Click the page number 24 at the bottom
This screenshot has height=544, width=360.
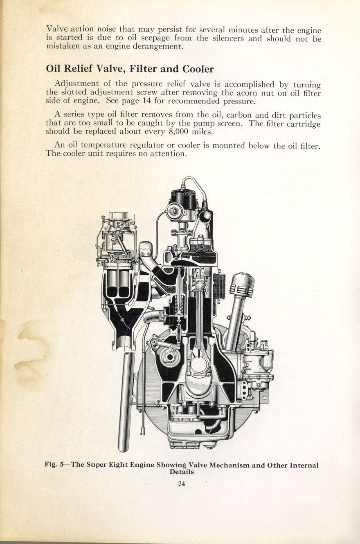(182, 484)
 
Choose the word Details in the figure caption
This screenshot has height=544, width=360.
(182, 472)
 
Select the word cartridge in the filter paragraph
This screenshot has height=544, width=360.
(301, 123)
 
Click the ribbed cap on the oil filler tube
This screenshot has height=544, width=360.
(242, 285)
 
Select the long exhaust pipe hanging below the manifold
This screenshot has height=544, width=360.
(126, 401)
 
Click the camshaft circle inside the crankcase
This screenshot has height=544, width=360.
(170, 356)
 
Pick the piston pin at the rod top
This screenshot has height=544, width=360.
(199, 285)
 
